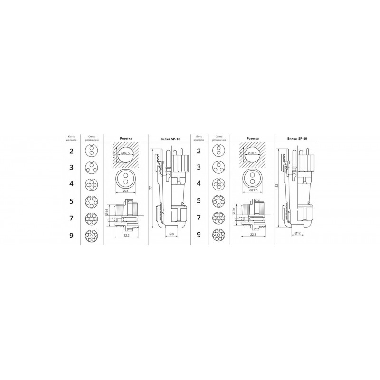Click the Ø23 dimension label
[x=126, y=191]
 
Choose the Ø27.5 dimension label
[x=254, y=191]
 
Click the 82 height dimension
[x=277, y=185]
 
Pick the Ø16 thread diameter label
[x=107, y=211]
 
